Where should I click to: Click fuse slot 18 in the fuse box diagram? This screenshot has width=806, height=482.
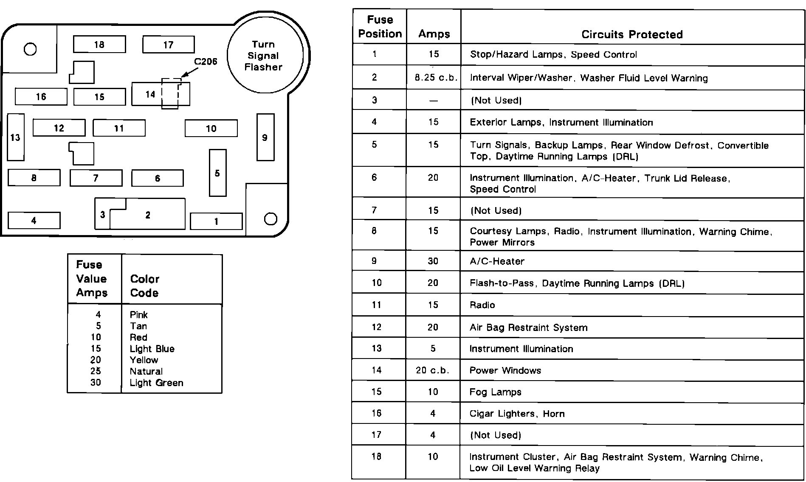pyautogui.click(x=99, y=45)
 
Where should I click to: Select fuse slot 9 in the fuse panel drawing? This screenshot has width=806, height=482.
pyautogui.click(x=265, y=137)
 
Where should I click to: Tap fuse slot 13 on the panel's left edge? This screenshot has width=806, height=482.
pyautogui.click(x=15, y=137)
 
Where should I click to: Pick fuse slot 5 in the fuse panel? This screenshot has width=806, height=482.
pyautogui.click(x=217, y=173)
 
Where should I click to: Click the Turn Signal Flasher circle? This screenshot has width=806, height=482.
pyautogui.click(x=265, y=55)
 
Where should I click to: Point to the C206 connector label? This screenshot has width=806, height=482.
pyautogui.click(x=206, y=62)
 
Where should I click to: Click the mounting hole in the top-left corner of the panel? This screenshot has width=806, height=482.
pyautogui.click(x=30, y=50)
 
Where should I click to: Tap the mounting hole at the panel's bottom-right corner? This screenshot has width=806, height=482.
pyautogui.click(x=271, y=219)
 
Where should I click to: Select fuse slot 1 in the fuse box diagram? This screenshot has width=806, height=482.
pyautogui.click(x=216, y=221)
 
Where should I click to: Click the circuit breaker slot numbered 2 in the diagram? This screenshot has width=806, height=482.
pyautogui.click(x=148, y=215)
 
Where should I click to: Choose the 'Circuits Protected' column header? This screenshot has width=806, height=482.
pyautogui.click(x=632, y=34)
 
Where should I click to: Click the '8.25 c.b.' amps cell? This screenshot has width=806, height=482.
pyautogui.click(x=434, y=78)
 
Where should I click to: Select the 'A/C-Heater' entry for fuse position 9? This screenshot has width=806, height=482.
pyautogui.click(x=497, y=261)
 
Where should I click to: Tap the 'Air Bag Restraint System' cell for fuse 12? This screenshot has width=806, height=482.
pyautogui.click(x=528, y=328)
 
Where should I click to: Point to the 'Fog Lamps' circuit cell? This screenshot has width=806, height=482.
pyautogui.click(x=495, y=392)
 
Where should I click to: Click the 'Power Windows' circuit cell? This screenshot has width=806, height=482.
pyautogui.click(x=505, y=370)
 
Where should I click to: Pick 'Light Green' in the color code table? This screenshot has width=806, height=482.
pyautogui.click(x=156, y=383)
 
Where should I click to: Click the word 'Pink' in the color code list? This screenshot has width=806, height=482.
pyautogui.click(x=139, y=315)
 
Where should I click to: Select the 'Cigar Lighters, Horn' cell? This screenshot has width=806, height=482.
pyautogui.click(x=517, y=414)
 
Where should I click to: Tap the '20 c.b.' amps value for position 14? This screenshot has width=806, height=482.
pyautogui.click(x=433, y=370)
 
